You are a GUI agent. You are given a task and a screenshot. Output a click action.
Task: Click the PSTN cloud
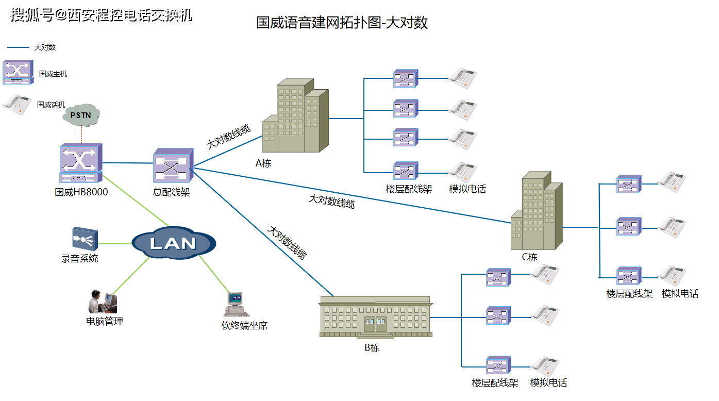click(81, 115)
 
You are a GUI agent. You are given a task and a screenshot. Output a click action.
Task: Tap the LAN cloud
click(173, 243)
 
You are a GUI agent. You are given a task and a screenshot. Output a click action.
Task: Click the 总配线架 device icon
click(173, 166)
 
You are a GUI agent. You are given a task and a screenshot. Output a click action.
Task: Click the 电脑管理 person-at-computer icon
click(103, 302)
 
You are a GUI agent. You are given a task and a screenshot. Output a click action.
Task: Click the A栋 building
click(295, 117)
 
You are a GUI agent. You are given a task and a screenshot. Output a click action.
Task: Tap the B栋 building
click(375, 317)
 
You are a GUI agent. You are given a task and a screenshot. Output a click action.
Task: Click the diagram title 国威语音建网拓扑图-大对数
click(342, 23)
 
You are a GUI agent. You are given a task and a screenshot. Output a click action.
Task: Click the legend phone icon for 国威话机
click(17, 104)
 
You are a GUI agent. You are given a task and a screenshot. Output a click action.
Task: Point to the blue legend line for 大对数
click(18, 47)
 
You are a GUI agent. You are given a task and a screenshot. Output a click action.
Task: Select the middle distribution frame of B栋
click(498, 315)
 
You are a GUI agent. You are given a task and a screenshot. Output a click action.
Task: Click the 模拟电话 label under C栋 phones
click(680, 294)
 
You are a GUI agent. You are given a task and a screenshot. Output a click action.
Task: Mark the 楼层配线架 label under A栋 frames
click(409, 189)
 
